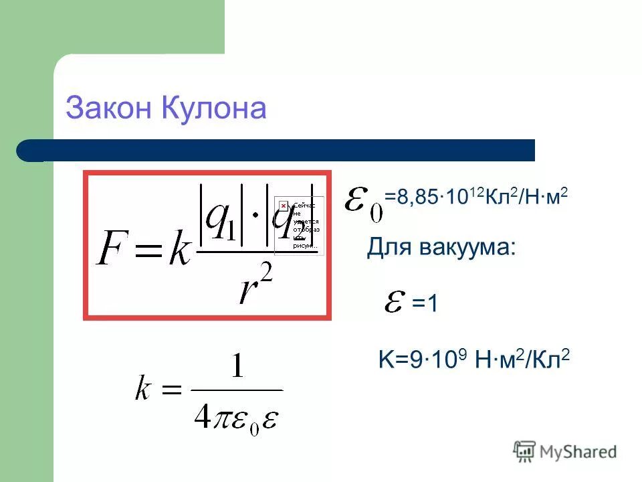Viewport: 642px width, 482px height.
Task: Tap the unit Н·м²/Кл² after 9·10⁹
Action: pos(522,361)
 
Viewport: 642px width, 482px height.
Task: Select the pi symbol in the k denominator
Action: pos(224,414)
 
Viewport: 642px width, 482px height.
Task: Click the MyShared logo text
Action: pos(578,453)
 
